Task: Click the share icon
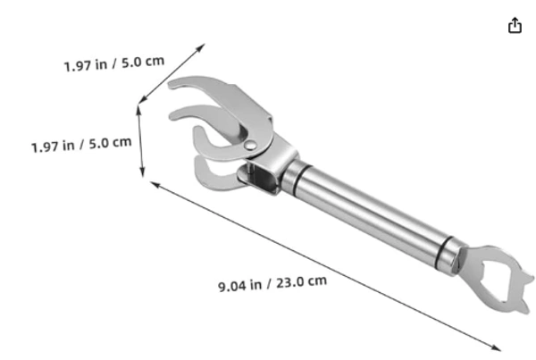[x=515, y=26]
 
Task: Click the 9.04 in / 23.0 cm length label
[x=272, y=283]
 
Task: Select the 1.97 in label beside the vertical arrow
[x=53, y=147]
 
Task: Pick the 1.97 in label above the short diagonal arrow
[x=86, y=64]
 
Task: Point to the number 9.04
[x=232, y=286]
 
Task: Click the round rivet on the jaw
[x=250, y=146]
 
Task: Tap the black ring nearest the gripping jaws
[x=302, y=180]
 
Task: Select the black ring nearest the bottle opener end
[x=444, y=252]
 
